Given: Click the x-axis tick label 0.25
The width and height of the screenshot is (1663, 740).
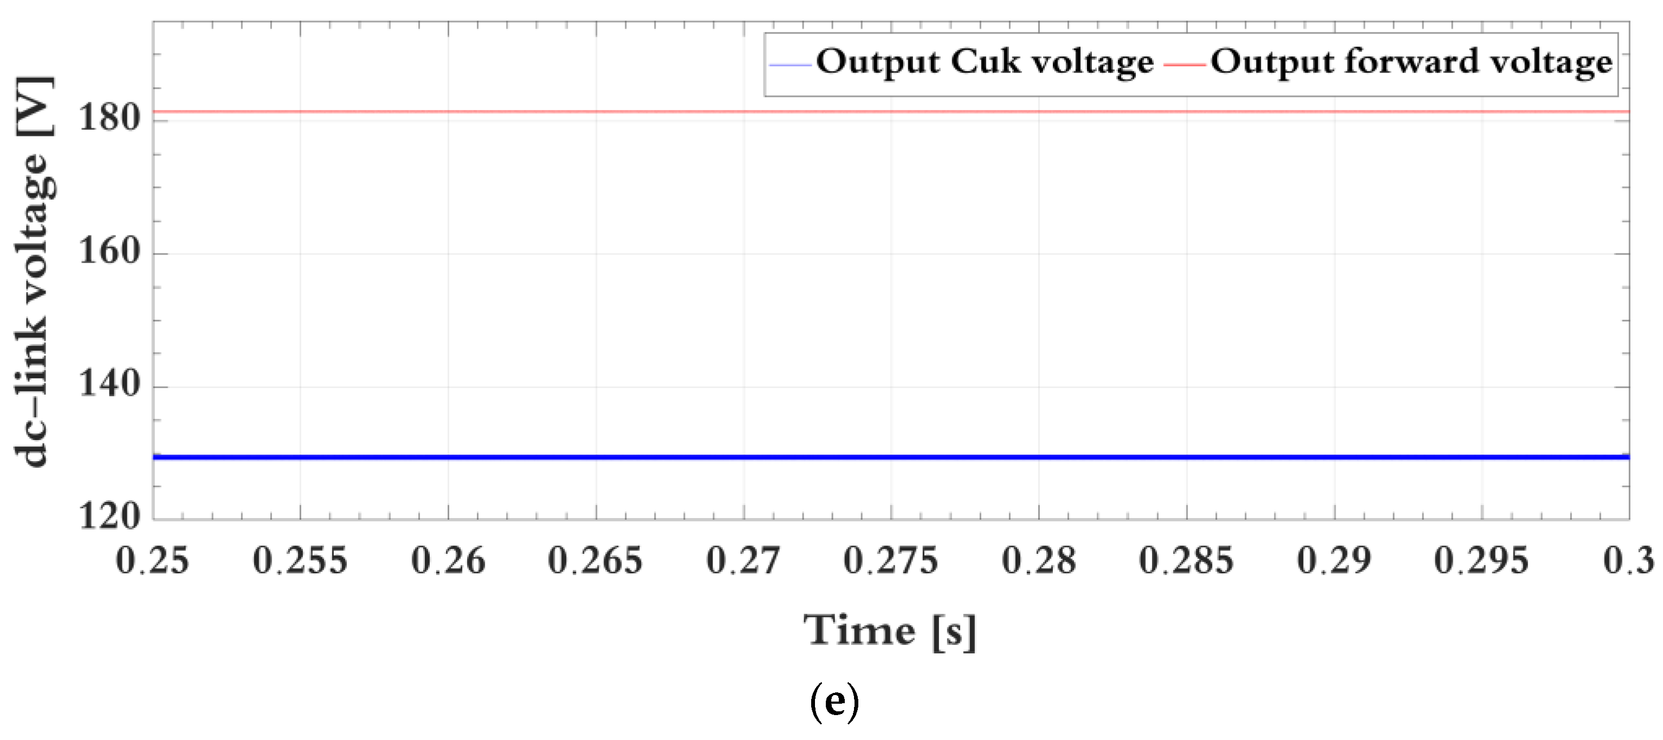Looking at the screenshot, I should (152, 560).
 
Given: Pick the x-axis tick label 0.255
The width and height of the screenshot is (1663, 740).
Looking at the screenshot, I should (300, 560).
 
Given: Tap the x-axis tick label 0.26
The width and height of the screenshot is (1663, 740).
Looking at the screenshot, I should (448, 560).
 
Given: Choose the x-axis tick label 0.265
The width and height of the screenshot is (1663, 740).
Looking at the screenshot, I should (595, 560).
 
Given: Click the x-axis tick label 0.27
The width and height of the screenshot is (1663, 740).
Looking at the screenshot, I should (743, 560).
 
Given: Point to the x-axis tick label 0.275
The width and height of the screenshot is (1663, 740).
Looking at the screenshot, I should (890, 560).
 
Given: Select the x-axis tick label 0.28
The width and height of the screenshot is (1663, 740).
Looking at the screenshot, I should (1039, 560).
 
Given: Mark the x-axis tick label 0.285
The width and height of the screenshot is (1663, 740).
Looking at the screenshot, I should (1186, 560).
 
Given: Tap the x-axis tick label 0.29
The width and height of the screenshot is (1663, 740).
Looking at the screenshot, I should (1334, 560).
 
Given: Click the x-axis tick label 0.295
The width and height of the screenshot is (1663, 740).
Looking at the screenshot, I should (1481, 560).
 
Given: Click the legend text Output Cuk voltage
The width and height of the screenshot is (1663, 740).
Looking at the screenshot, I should (985, 63).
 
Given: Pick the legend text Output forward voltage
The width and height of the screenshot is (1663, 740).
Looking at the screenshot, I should (1411, 63).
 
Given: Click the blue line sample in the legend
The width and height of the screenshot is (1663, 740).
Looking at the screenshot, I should (790, 64).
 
